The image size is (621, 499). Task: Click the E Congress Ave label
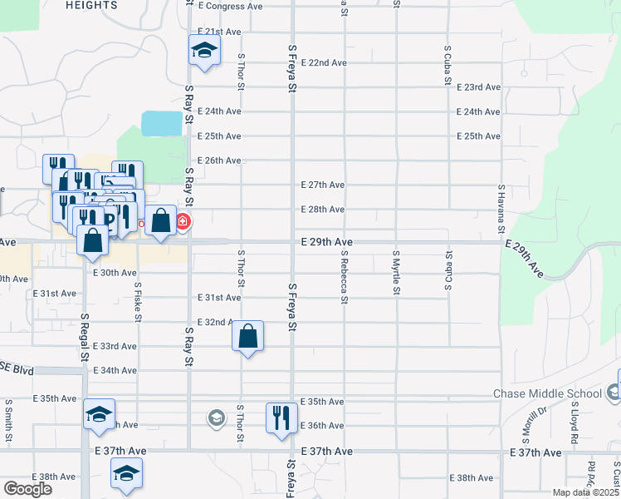pyautogui.click(x=232, y=6)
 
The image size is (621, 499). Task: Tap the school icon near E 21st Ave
pyautogui.click(x=203, y=52)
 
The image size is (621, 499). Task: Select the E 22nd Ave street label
pyautogui.click(x=323, y=62)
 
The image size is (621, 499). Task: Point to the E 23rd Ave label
pyautogui.click(x=479, y=87)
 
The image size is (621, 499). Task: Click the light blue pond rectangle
pyautogui.click(x=162, y=124)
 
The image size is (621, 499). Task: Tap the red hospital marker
pyautogui.click(x=182, y=222)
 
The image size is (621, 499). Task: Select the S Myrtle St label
pyautogui.click(x=396, y=270)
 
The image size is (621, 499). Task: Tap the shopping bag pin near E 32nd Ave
pyautogui.click(x=247, y=337)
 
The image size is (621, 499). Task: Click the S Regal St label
pyautogui.click(x=85, y=337)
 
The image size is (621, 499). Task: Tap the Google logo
pyautogui.click(x=27, y=489)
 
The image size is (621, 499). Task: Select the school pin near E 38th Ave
pyautogui.click(x=126, y=475)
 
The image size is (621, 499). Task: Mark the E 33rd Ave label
pyautogui.click(x=115, y=346)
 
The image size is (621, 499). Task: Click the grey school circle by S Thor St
pyautogui.click(x=217, y=417)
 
